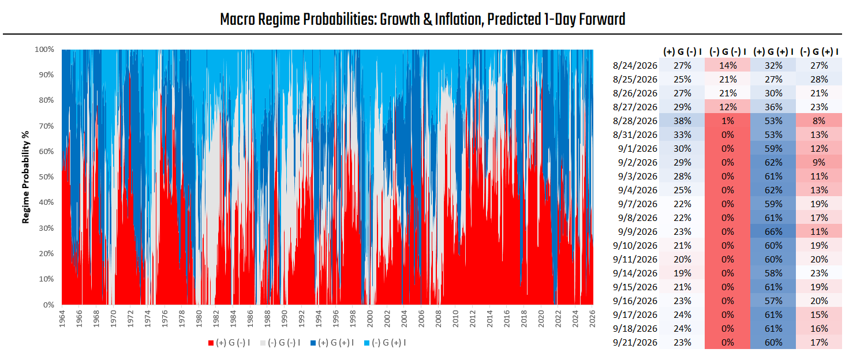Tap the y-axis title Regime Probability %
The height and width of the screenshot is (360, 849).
tap(25, 177)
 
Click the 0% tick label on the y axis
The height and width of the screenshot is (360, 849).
tap(48, 305)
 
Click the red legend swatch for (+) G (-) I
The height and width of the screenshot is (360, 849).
tap(211, 343)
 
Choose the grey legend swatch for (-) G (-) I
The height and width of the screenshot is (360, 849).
tap(263, 343)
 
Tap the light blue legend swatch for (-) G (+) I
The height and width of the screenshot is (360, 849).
tap(366, 343)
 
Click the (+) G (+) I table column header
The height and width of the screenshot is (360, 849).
tap(773, 52)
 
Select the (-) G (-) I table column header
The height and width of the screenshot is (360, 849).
tap(728, 52)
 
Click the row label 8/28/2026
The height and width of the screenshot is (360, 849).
tap(635, 121)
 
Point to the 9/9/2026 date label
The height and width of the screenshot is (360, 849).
tap(638, 231)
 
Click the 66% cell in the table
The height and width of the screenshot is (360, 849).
tap(773, 231)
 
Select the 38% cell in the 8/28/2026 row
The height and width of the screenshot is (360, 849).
tap(682, 121)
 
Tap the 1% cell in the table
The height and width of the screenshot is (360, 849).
tap(728, 121)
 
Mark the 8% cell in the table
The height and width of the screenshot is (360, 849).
tap(818, 121)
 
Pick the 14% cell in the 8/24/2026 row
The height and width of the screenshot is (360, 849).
tap(728, 66)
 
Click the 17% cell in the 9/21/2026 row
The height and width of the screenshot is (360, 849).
tap(818, 343)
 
